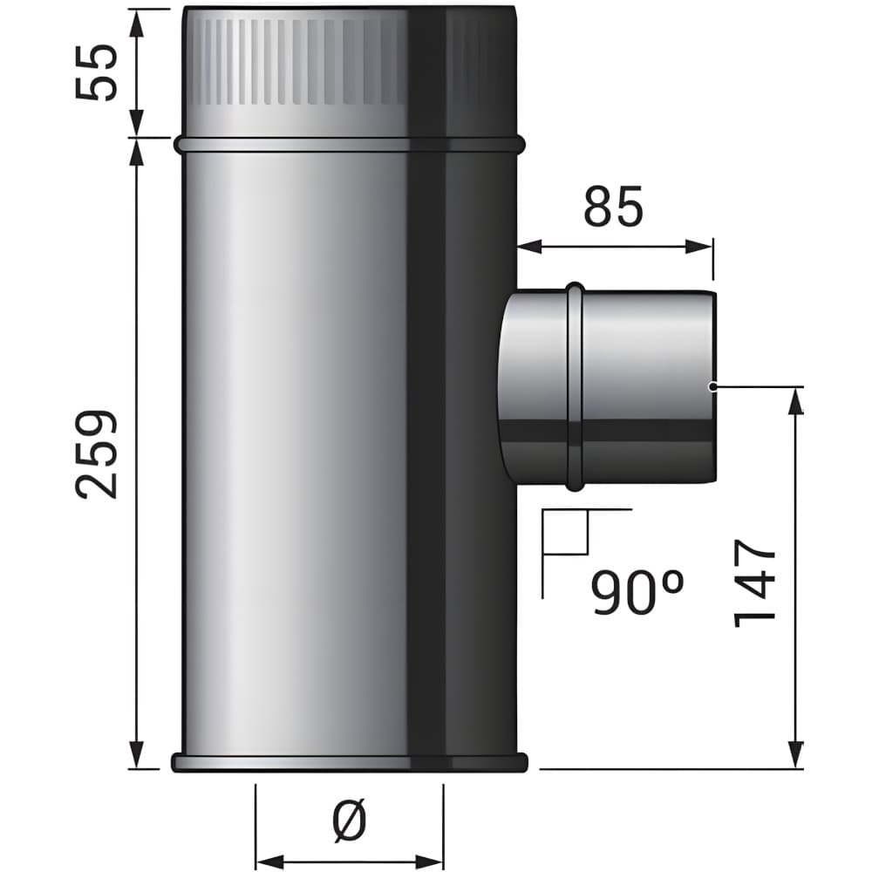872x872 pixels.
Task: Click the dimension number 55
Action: coord(97,73)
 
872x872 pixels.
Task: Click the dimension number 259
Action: coord(97,454)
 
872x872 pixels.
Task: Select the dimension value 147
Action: coord(754,582)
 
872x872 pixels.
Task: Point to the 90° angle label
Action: coord(637,593)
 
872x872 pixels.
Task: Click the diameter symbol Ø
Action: coord(350,819)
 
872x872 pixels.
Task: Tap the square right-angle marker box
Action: coord(566,532)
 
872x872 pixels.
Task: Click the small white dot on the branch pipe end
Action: coord(712,386)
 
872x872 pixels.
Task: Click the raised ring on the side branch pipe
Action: coord(575,386)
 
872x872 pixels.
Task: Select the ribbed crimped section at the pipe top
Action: coord(304,62)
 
